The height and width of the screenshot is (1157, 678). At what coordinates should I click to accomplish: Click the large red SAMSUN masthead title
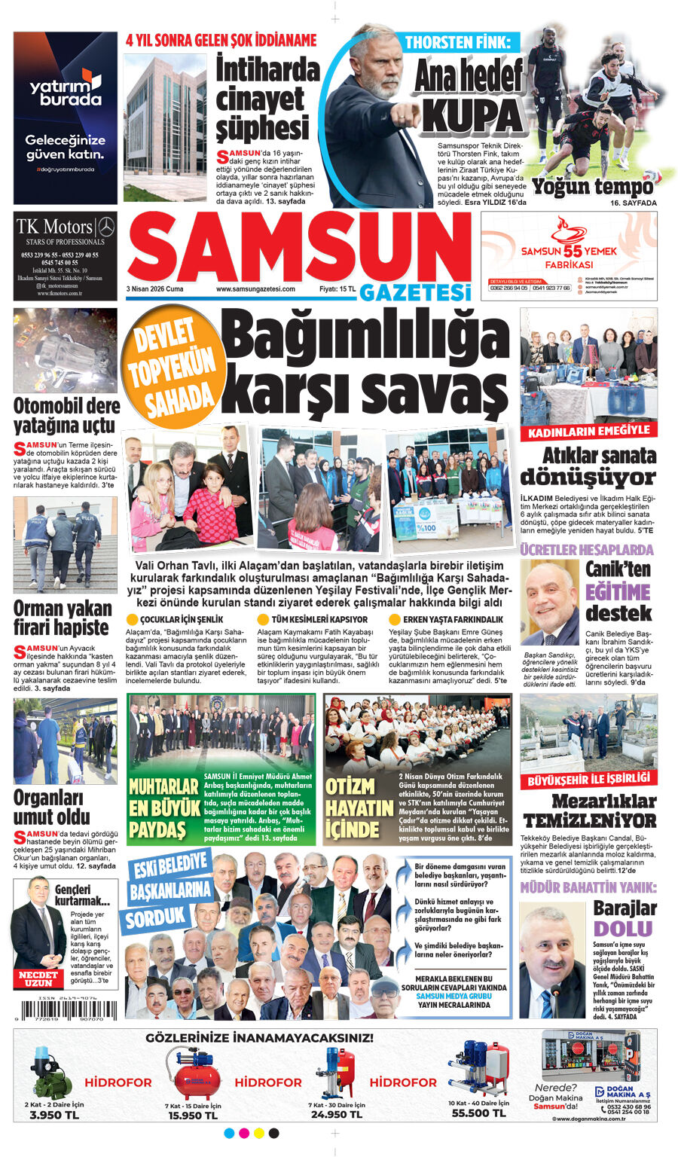[x=300, y=248]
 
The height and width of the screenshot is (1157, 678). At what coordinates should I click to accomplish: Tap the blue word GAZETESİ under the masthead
[x=414, y=292]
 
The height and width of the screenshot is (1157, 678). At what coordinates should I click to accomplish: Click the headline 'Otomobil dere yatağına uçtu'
[x=66, y=415]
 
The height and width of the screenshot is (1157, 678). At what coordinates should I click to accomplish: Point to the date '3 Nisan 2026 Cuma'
[x=154, y=289]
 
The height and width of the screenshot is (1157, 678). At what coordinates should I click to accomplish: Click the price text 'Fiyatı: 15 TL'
[x=337, y=289]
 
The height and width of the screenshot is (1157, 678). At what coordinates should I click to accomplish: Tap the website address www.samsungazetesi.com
[x=255, y=289]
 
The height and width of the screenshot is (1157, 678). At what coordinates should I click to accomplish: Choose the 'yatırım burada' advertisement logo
[x=66, y=89]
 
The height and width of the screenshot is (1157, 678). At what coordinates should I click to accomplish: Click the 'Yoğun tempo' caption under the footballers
[x=593, y=186]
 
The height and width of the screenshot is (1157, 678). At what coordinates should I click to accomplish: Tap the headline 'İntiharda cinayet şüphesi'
[x=267, y=99]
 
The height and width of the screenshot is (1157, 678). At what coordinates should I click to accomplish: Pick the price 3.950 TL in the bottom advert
[x=53, y=1115]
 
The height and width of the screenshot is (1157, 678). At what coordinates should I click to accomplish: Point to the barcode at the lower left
[x=65, y=1009]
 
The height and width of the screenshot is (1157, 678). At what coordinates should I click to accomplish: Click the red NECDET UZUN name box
[x=38, y=978]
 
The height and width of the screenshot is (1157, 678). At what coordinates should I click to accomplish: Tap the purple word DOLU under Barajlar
[x=623, y=928]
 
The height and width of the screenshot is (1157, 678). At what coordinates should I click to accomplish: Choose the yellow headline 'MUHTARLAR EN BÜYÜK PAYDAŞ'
[x=163, y=808]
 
